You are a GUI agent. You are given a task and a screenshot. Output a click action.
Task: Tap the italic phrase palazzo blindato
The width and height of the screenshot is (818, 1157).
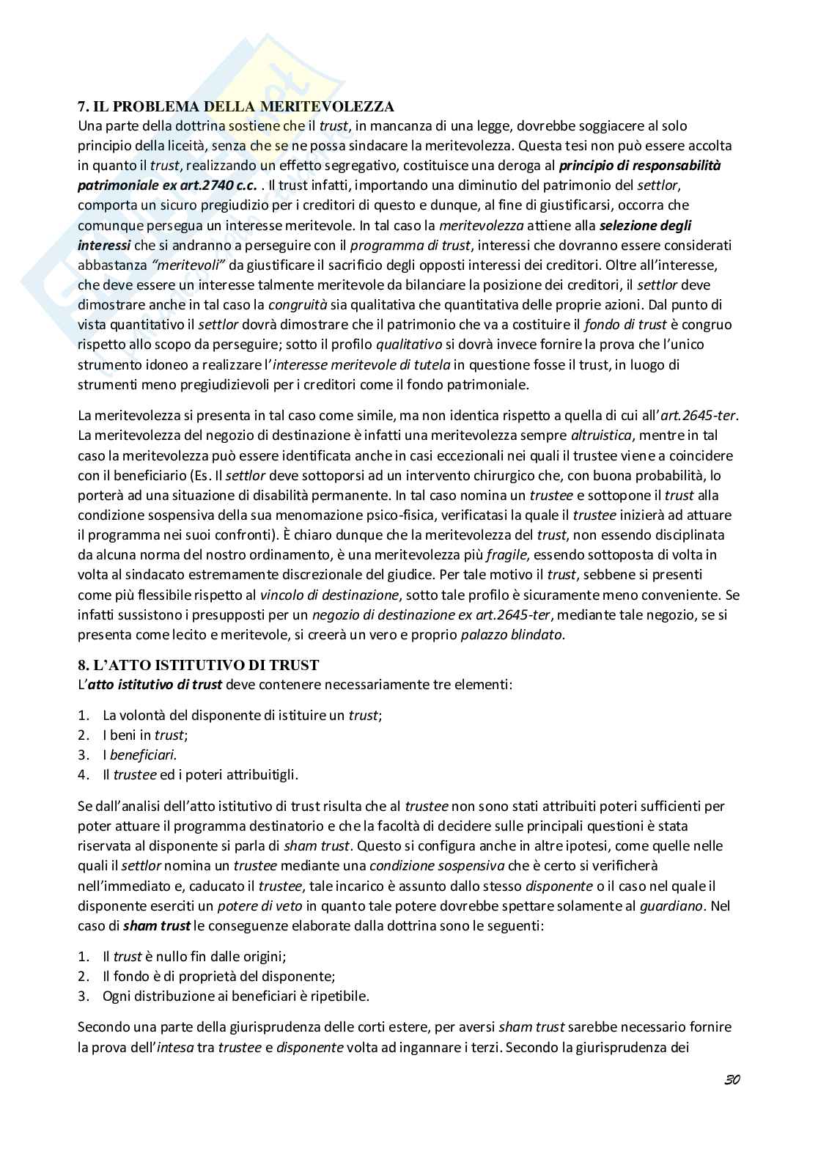point(512,635)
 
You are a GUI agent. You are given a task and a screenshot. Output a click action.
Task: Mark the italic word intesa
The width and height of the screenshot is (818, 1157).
point(175,1046)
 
